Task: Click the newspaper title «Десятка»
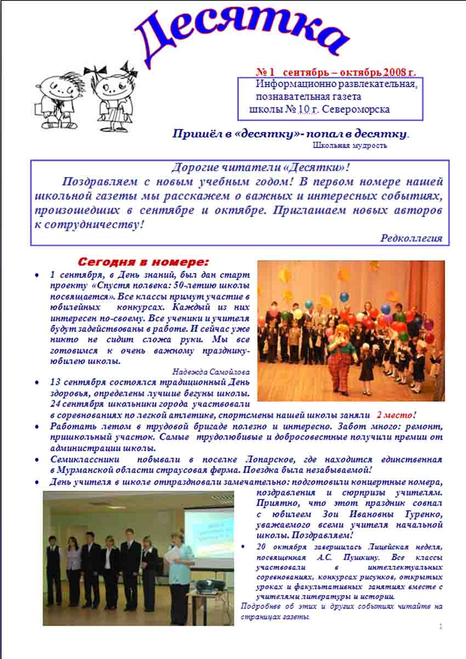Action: point(241,36)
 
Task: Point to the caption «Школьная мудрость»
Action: point(350,145)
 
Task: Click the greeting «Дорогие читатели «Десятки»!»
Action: point(260,167)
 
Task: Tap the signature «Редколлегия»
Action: point(411,237)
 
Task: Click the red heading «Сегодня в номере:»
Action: point(143,261)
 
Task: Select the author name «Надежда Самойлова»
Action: point(211,371)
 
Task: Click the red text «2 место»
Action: point(395,415)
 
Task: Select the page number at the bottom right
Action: point(440,626)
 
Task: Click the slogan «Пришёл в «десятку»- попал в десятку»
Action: point(291,134)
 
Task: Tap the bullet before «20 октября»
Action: point(244,547)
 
